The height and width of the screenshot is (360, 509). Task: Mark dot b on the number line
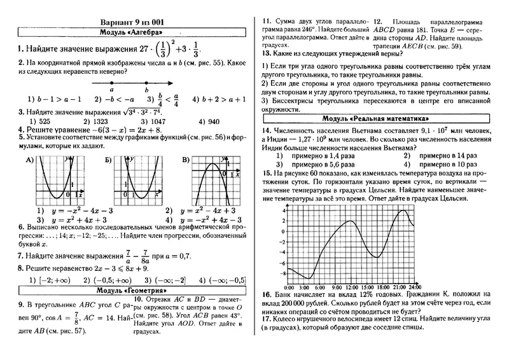coord(147,83)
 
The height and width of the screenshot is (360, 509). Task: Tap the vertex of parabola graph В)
coord(204,167)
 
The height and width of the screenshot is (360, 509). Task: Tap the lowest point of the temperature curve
coord(310,279)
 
